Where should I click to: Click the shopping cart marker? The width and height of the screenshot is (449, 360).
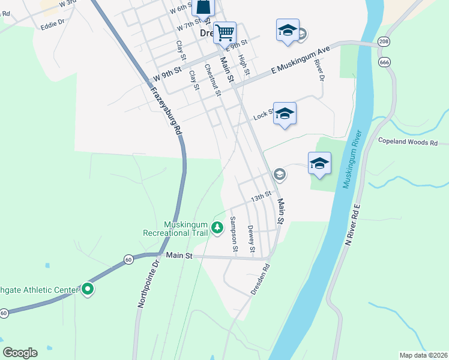[x=224, y=32]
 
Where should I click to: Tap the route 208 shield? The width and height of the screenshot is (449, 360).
[x=384, y=41]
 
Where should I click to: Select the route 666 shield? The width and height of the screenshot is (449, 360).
[x=384, y=62]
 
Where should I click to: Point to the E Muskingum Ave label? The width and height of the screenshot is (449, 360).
[x=301, y=59]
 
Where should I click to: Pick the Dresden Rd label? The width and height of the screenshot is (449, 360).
[x=260, y=280]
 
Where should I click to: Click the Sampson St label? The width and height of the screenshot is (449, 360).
[x=234, y=235]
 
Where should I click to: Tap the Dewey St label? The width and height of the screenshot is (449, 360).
[x=251, y=238]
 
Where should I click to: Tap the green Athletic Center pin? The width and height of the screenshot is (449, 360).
[x=88, y=290]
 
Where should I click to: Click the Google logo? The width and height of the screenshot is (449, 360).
[x=20, y=353]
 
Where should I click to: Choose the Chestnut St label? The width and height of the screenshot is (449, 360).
[x=212, y=80]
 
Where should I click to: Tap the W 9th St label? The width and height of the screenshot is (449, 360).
[x=167, y=74]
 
